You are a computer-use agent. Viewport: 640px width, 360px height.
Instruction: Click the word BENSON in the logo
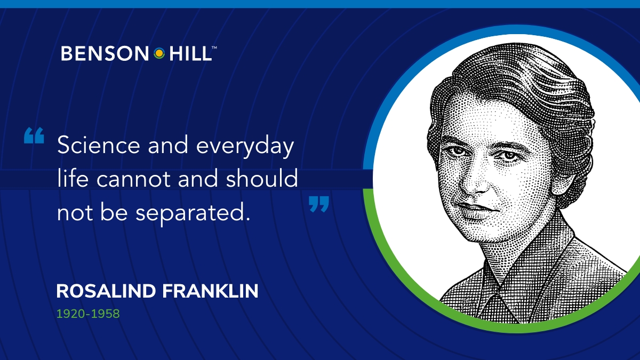tap(105, 53)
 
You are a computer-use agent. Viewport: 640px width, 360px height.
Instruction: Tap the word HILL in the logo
tap(190, 53)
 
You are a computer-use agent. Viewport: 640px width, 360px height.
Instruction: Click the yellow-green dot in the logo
tap(159, 53)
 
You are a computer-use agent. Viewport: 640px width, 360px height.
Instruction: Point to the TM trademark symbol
tap(214, 47)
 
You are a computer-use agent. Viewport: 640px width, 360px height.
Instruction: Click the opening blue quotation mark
tap(34, 135)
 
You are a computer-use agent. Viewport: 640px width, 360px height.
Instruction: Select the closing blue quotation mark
tap(319, 204)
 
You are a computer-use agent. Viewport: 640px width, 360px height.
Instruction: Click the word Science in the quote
tap(99, 145)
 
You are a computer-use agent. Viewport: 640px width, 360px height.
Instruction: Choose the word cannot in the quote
tap(133, 179)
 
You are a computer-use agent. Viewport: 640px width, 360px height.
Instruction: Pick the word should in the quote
tap(262, 178)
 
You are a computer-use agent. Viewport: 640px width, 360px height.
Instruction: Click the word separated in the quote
tap(193, 213)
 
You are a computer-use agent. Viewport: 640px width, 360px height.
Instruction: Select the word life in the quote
tap(73, 178)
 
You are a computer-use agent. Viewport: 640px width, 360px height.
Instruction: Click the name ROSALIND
tap(106, 291)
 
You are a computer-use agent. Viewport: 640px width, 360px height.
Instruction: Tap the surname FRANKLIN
tap(210, 291)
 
